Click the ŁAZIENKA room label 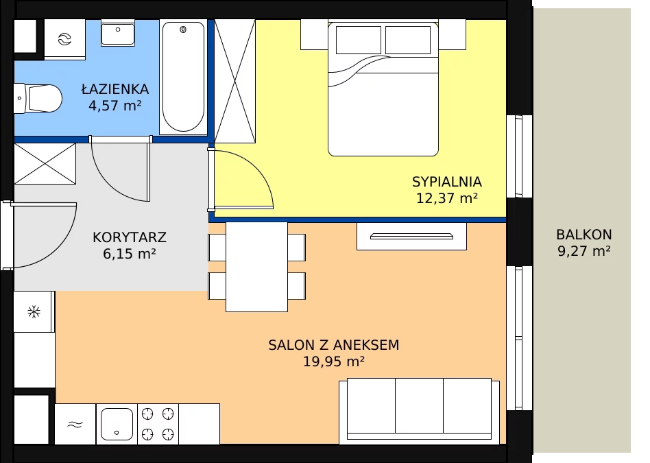click(x=115, y=88)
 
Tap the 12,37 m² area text click(x=447, y=198)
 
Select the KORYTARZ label click(x=130, y=237)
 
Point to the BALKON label click(x=583, y=235)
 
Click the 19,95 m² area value click(x=334, y=361)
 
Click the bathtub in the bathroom click(x=183, y=77)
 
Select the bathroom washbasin click(x=118, y=33)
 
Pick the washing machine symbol click(x=64, y=39)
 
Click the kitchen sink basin click(x=117, y=424)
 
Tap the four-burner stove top click(x=158, y=424)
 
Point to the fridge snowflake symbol click(x=34, y=311)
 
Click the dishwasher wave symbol click(x=75, y=424)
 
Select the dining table click(x=256, y=267)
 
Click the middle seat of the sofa click(x=419, y=405)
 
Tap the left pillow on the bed click(x=359, y=40)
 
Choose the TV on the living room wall click(x=411, y=237)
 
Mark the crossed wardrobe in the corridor click(x=45, y=163)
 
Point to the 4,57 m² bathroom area click(x=115, y=106)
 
